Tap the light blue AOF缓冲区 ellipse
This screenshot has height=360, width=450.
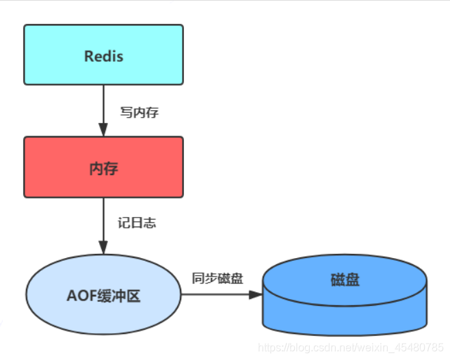pyautogui.click(x=103, y=296)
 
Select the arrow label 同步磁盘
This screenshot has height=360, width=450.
pyautogui.click(x=217, y=278)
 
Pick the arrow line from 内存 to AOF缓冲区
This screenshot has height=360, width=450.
pyautogui.click(x=103, y=219)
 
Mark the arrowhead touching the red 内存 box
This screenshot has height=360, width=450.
pyautogui.click(x=103, y=130)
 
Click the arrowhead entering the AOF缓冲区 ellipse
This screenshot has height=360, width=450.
pyautogui.click(x=103, y=247)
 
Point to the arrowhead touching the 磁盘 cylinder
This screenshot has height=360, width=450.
pyautogui.click(x=255, y=295)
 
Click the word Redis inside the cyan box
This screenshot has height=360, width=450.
pyautogui.click(x=103, y=56)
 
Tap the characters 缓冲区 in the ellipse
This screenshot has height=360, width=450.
pyautogui.click(x=119, y=297)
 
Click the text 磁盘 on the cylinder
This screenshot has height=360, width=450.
pyautogui.click(x=345, y=280)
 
